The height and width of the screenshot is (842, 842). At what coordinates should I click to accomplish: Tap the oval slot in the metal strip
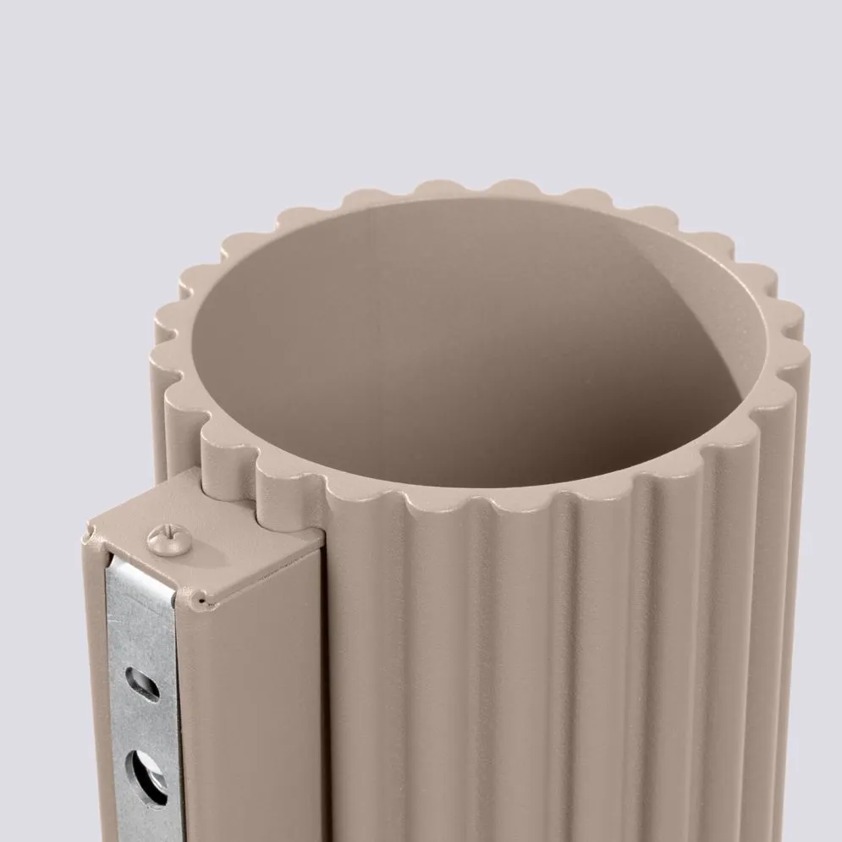141,683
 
